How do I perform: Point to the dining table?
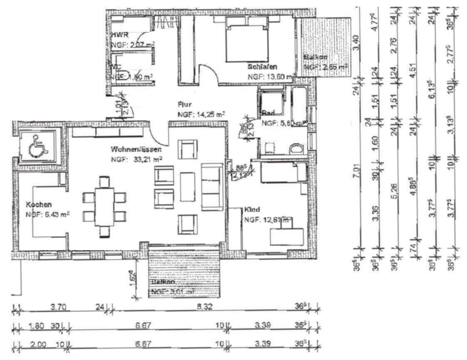click(104, 206)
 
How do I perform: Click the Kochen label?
click(39, 205)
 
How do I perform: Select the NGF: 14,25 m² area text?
click(201, 114)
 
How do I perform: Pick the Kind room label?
click(252, 210)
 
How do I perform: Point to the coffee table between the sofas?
click(187, 187)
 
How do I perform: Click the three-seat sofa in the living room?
click(212, 186)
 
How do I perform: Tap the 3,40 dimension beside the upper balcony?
click(357, 42)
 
